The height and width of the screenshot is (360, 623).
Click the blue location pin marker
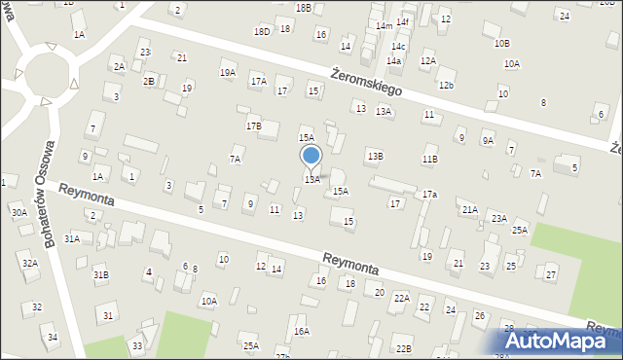point(311,156)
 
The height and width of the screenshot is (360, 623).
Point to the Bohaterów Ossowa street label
point(54,185)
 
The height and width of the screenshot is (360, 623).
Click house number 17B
point(253,126)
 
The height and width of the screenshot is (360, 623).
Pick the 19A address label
point(228,73)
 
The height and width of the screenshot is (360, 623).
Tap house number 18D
point(262,31)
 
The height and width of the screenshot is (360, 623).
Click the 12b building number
point(446,86)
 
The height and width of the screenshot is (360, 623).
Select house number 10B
point(501,43)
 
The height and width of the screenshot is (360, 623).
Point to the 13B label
point(375,156)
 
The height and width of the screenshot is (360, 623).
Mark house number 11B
point(429,159)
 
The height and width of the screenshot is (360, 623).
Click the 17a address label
point(429,195)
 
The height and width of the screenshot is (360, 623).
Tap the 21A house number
point(469,209)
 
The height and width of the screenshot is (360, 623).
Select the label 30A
point(18,212)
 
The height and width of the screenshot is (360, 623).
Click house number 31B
point(100,275)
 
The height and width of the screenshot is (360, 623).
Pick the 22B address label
point(403,348)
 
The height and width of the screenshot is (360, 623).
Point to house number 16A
point(302,331)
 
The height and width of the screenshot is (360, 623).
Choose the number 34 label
point(53,338)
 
